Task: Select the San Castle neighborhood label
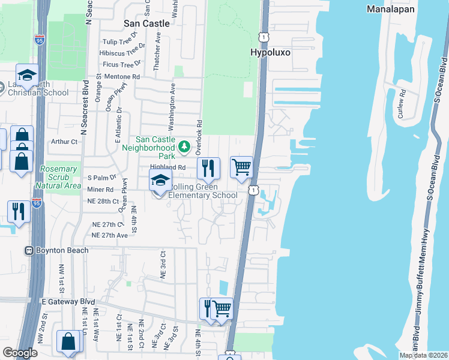147,23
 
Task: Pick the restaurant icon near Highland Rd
208,167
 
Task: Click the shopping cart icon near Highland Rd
241,167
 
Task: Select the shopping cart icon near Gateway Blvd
222,309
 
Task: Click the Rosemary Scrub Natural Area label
58,178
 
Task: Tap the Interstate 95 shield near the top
39,40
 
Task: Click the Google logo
20,353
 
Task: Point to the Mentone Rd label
122,77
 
